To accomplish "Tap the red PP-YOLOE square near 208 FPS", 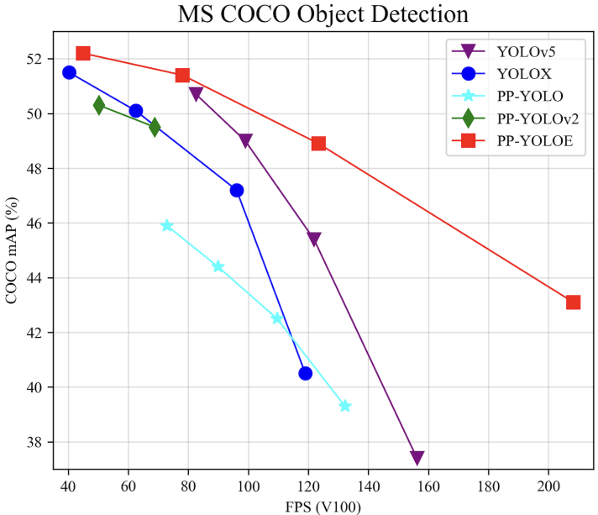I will point(573,302).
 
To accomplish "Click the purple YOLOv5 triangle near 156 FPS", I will point(417,458).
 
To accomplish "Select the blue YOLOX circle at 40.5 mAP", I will point(306,373).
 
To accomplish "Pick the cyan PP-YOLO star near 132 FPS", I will point(344,406).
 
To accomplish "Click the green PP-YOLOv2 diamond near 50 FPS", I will point(99,105).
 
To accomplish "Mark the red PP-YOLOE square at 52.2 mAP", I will point(83,54).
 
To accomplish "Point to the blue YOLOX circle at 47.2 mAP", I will point(237,191).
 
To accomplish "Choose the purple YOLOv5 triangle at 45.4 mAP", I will point(314,239).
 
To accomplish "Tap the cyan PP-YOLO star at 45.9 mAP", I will point(167,225).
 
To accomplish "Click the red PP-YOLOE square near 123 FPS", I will point(318,144).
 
